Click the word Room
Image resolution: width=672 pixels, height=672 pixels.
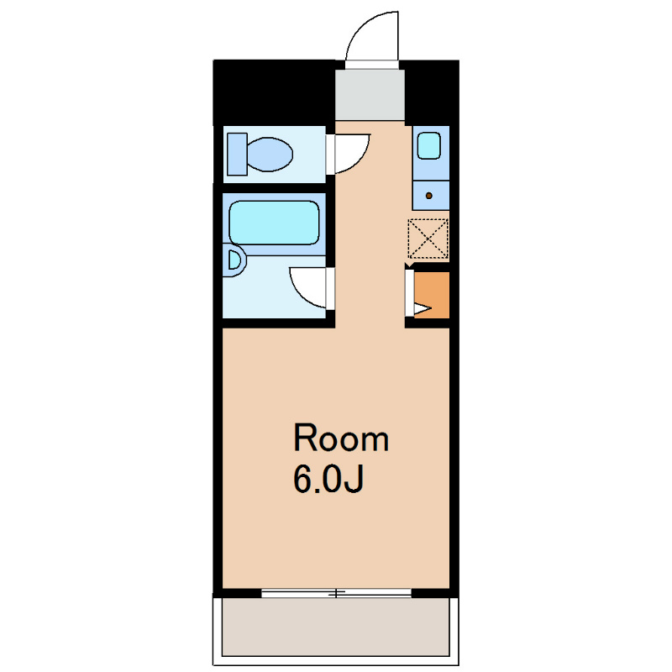[x=341, y=438]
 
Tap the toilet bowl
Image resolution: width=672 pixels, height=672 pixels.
[x=270, y=155]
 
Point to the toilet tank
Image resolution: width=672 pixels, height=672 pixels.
[x=237, y=155]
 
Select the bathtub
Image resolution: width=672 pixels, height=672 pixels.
[x=275, y=223]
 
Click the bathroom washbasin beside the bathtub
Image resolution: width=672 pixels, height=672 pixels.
[x=234, y=260]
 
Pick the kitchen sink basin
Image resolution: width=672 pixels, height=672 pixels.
[x=429, y=145]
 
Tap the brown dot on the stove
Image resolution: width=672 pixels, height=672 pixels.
[x=428, y=196]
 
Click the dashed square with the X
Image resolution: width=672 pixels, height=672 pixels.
[x=428, y=239]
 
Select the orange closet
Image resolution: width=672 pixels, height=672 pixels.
[x=432, y=295]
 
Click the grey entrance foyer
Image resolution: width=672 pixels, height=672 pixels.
[x=370, y=94]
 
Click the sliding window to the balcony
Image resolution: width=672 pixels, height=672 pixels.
[x=337, y=593]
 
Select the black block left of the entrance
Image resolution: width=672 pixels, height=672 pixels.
[x=275, y=92]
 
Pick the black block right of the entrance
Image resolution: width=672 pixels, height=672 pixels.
[x=432, y=92]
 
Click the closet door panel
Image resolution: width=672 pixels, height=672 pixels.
[x=410, y=293]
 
